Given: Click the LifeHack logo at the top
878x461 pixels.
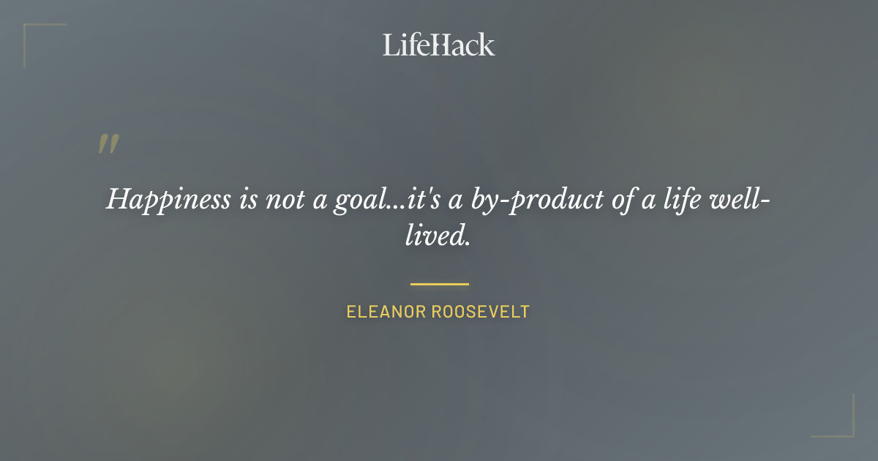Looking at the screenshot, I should pyautogui.click(x=438, y=45).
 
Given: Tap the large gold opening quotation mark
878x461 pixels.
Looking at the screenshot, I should pyautogui.click(x=108, y=144).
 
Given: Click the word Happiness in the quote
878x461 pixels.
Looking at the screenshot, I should pyautogui.click(x=168, y=199).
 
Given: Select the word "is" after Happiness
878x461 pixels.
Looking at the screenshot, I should pyautogui.click(x=248, y=199).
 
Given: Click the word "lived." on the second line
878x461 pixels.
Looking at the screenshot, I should pyautogui.click(x=438, y=236).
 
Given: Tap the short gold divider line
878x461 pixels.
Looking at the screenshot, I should pyautogui.click(x=439, y=284).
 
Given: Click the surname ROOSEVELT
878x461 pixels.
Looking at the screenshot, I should pyautogui.click(x=481, y=312).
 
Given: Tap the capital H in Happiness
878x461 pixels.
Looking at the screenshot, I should pyautogui.click(x=119, y=199).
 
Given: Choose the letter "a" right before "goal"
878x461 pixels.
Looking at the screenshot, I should pyautogui.click(x=319, y=200).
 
